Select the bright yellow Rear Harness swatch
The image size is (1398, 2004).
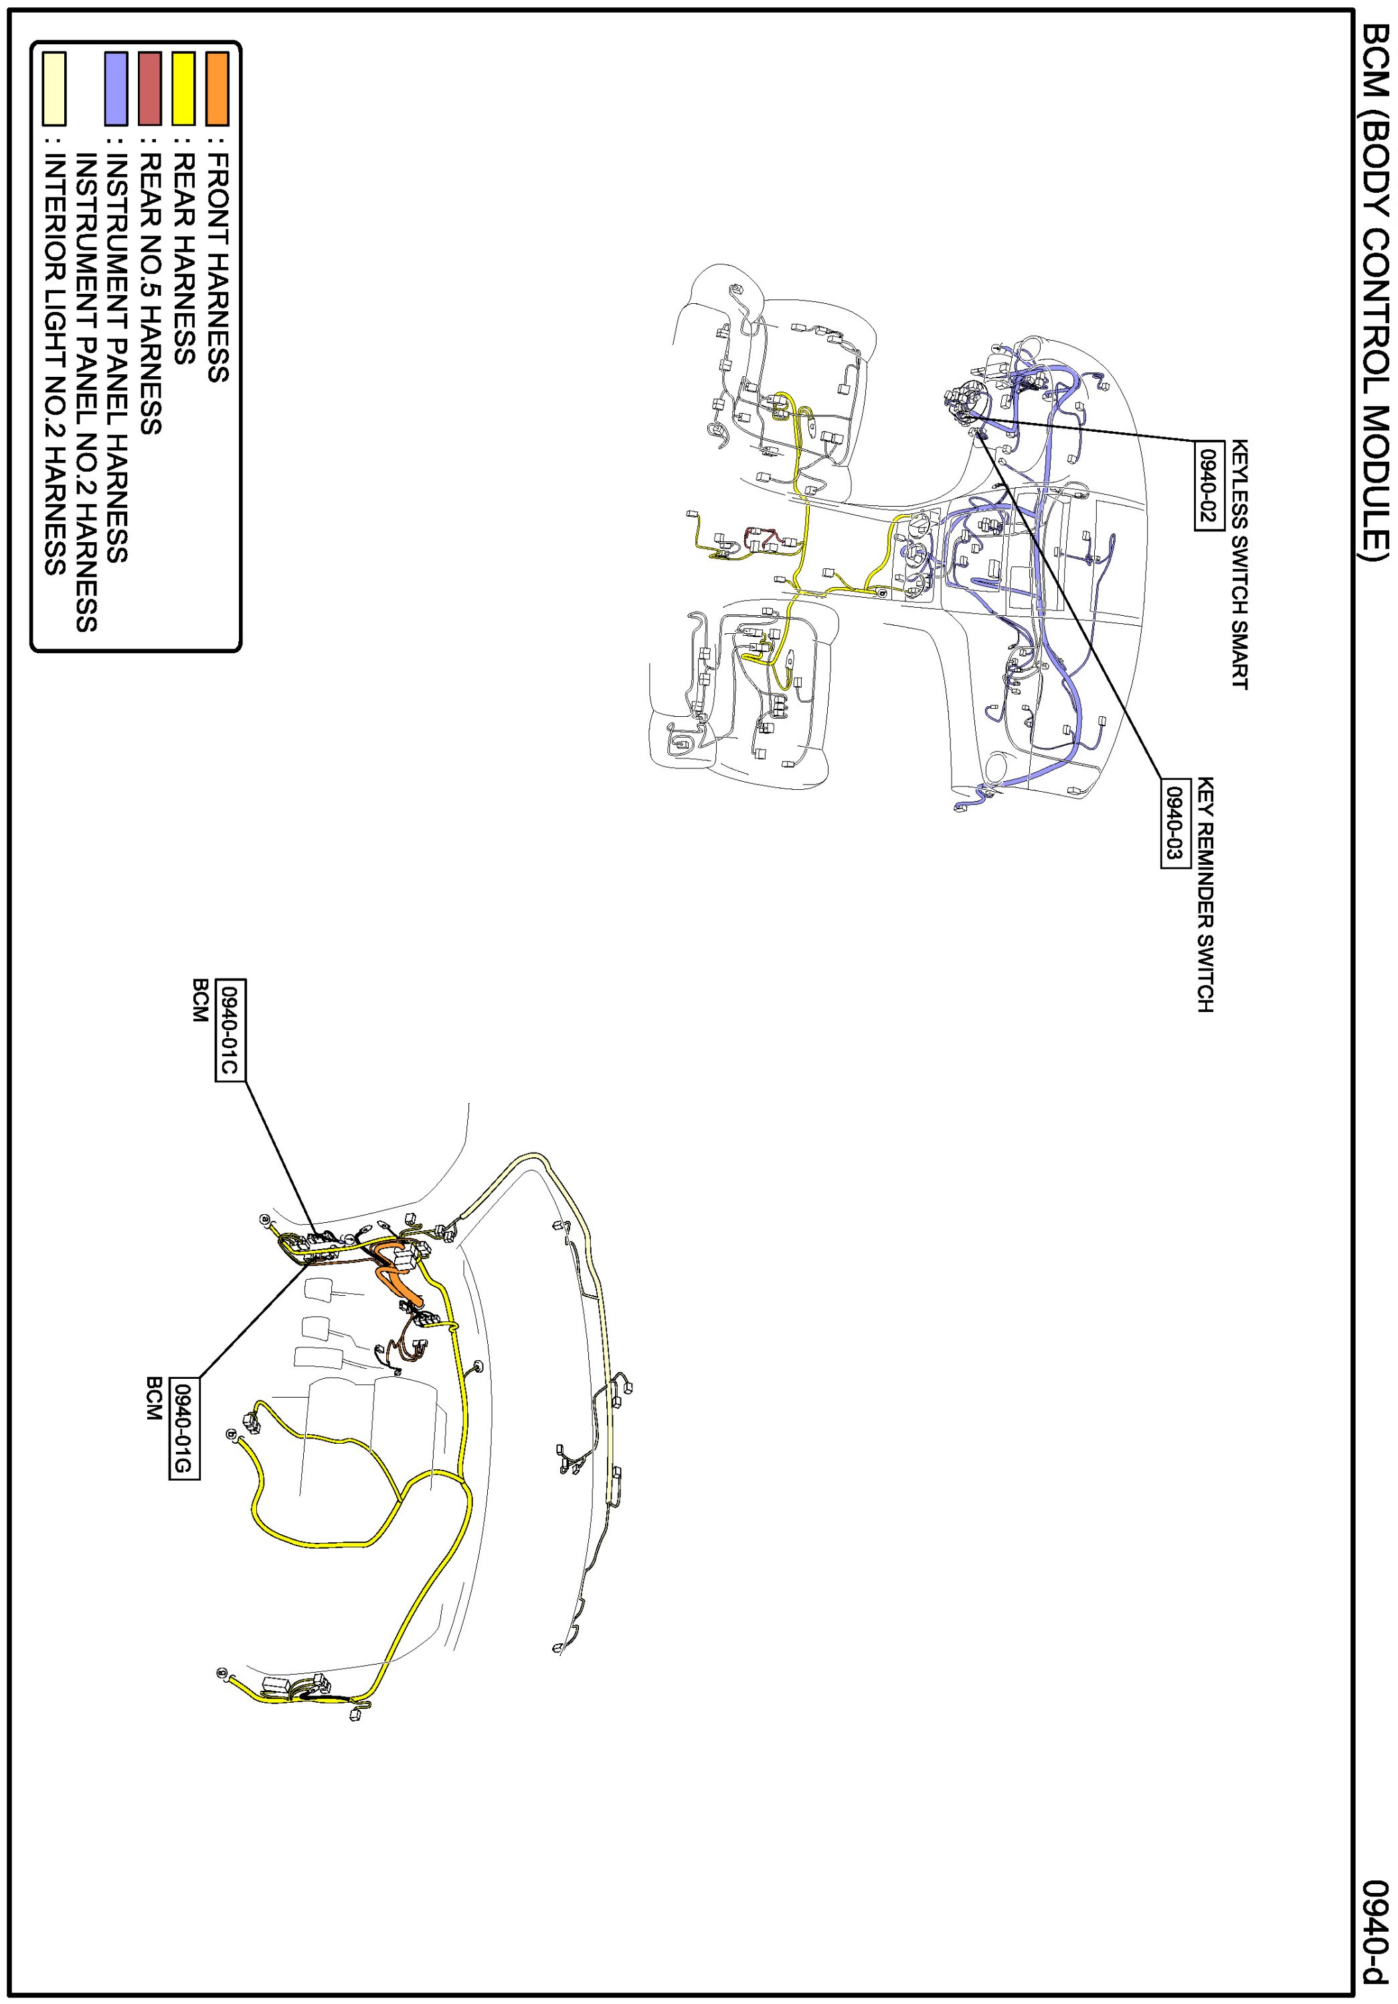pos(183,88)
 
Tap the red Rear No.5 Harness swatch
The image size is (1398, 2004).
pos(149,88)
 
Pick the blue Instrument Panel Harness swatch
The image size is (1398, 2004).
pos(115,88)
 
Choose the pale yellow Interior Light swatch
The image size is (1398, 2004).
pos(54,88)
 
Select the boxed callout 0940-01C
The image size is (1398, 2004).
pos(230,1029)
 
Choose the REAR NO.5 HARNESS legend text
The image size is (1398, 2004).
pos(149,293)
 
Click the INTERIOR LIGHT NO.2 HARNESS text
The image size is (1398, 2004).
pos(54,364)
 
